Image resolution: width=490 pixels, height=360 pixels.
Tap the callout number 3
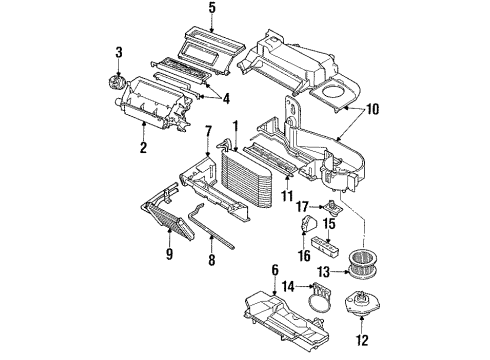[x=118, y=52]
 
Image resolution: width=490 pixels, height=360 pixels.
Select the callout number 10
[x=373, y=110]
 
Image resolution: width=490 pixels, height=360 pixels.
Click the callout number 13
[x=323, y=271]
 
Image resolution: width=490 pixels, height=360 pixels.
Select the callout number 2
[x=144, y=149]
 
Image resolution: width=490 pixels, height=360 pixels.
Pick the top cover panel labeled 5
[x=211, y=45]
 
